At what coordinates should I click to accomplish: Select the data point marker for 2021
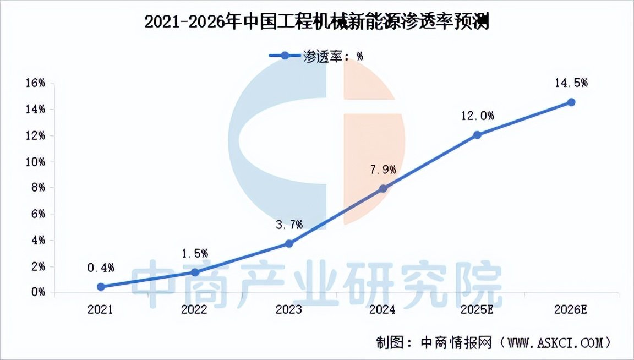pos(101,287)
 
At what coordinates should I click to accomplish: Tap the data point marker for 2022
pos(194,272)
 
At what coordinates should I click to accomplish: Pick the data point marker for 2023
pos(289,243)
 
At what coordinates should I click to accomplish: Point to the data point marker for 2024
pos(383,189)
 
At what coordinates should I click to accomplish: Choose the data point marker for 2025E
pos(477,135)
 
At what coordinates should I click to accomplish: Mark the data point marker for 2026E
pos(571,102)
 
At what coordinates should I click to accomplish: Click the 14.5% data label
pos(571,83)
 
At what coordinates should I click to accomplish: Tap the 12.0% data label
pos(477,116)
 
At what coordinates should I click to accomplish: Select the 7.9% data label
pos(383,170)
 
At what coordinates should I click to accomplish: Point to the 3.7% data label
pos(289,225)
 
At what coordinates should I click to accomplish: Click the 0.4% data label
pos(101,268)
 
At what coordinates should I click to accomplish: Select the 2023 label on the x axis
pos(289,309)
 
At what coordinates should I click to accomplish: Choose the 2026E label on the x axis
pos(571,309)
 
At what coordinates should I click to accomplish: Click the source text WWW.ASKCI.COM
pos(556,342)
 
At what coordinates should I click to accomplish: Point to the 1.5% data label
pos(194,253)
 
